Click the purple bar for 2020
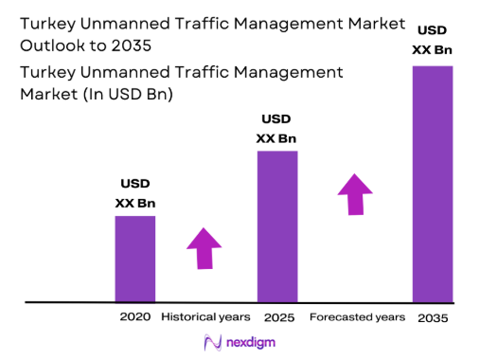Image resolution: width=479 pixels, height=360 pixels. [134, 259]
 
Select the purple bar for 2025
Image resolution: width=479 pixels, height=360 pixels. [277, 226]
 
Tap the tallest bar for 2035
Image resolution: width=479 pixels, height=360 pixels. [432, 184]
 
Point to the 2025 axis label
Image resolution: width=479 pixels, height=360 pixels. [277, 316]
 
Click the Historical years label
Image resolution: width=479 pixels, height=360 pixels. [205, 316]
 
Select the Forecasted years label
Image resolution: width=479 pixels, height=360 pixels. [358, 316]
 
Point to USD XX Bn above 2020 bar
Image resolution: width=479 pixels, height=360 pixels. [134, 192]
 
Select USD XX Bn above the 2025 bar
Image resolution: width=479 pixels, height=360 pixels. [276, 129]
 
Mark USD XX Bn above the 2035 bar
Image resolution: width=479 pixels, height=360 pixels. [432, 38]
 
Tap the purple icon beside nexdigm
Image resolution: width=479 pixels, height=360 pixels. [212, 342]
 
